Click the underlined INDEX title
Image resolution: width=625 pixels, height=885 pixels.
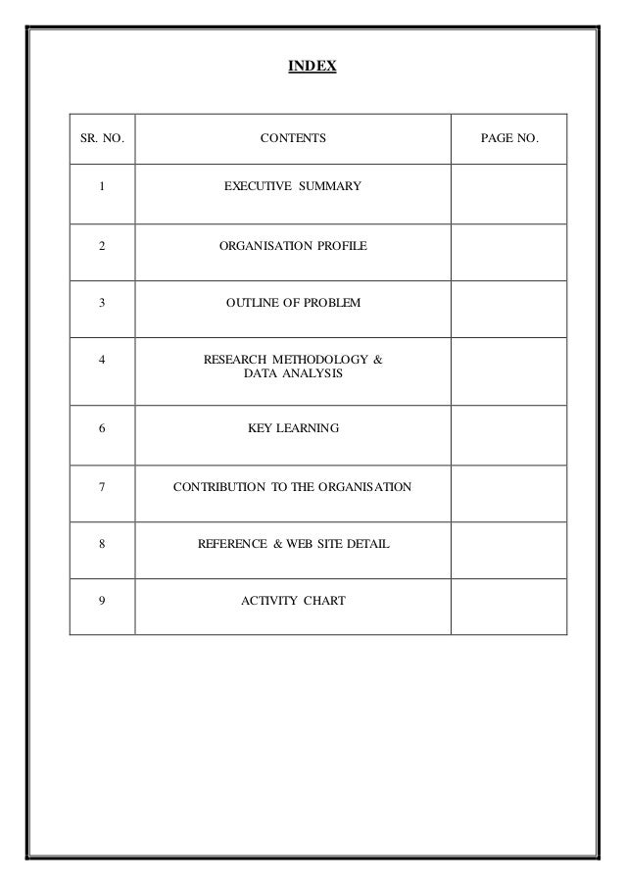pyautogui.click(x=312, y=67)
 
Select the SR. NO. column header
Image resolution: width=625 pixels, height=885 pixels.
pyautogui.click(x=101, y=139)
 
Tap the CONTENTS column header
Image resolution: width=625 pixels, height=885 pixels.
pyautogui.click(x=293, y=139)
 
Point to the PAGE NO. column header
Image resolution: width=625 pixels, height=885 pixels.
pyautogui.click(x=508, y=139)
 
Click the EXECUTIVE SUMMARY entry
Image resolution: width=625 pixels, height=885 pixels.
pyautogui.click(x=293, y=185)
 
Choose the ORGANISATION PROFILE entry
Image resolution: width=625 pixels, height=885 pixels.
pyautogui.click(x=293, y=245)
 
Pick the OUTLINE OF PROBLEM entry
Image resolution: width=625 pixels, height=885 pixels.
pyautogui.click(x=293, y=304)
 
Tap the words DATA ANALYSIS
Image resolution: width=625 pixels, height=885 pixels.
pyautogui.click(x=293, y=374)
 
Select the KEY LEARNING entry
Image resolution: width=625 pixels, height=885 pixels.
pyautogui.click(x=293, y=428)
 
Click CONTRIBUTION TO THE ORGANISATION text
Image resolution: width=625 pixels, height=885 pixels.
pyautogui.click(x=293, y=486)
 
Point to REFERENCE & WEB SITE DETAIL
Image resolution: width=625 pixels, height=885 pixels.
pyautogui.click(x=293, y=542)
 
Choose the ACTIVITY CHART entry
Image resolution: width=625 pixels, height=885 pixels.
pyautogui.click(x=293, y=600)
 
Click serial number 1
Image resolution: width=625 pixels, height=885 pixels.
pyautogui.click(x=102, y=185)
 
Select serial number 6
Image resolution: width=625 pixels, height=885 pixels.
pyautogui.click(x=102, y=428)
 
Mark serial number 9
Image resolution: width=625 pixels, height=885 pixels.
pyautogui.click(x=102, y=600)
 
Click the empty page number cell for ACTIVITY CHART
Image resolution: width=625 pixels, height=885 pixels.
pyautogui.click(x=508, y=606)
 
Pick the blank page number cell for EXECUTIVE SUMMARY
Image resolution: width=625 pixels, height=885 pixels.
pyautogui.click(x=508, y=193)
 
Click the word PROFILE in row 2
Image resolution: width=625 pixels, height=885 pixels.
pyautogui.click(x=343, y=245)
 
